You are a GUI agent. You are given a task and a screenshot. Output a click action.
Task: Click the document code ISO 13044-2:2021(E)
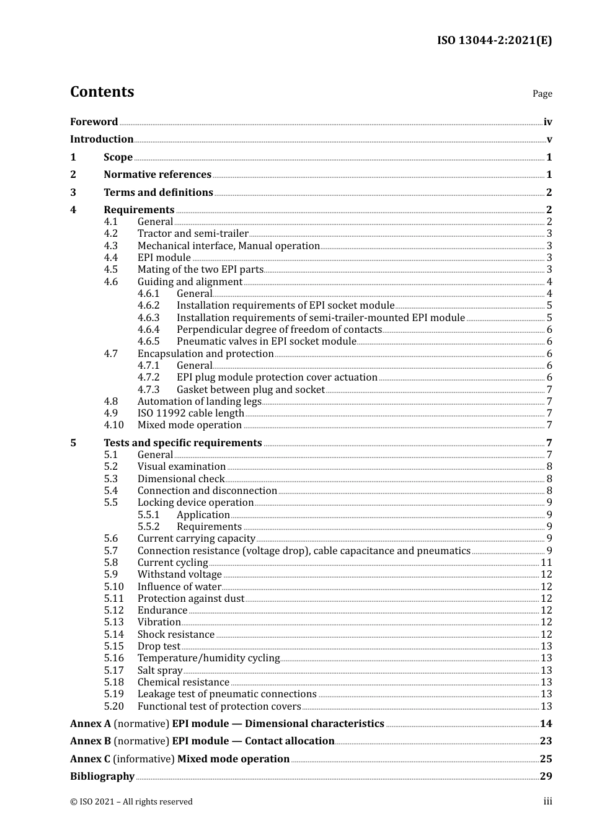[x=494, y=41]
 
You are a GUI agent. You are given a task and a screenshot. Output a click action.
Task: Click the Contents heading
[x=102, y=92]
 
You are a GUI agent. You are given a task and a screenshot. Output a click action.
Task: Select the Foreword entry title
[x=94, y=122]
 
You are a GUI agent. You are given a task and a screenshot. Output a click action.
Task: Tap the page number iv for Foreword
[x=547, y=122]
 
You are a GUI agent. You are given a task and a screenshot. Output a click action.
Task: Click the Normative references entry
[x=157, y=175]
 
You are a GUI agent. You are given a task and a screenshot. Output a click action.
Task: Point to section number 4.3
[x=111, y=246]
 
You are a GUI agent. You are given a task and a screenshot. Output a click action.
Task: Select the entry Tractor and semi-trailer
[x=193, y=234]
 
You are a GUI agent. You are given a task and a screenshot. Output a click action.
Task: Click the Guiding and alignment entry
[x=190, y=282]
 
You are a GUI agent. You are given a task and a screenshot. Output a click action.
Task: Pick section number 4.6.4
[x=148, y=330]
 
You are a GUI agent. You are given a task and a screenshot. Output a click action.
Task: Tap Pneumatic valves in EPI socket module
[x=266, y=342]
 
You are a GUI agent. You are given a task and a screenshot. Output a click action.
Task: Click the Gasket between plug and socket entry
[x=250, y=390]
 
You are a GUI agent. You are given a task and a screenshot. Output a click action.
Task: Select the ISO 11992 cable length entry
[x=190, y=413]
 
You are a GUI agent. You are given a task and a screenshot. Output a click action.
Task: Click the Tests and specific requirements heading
[x=183, y=443]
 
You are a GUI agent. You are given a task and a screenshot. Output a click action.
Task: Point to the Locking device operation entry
[x=195, y=503]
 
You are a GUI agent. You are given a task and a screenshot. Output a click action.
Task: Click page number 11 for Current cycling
[x=546, y=563]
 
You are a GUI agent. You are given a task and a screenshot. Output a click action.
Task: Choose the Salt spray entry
[x=160, y=671]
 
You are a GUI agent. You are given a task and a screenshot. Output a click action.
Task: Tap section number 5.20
[x=113, y=707]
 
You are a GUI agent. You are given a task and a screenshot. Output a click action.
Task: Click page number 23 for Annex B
[x=546, y=741]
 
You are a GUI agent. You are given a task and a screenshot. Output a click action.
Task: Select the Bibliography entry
[x=102, y=777]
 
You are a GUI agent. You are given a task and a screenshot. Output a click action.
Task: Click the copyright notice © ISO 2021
[x=131, y=802]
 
